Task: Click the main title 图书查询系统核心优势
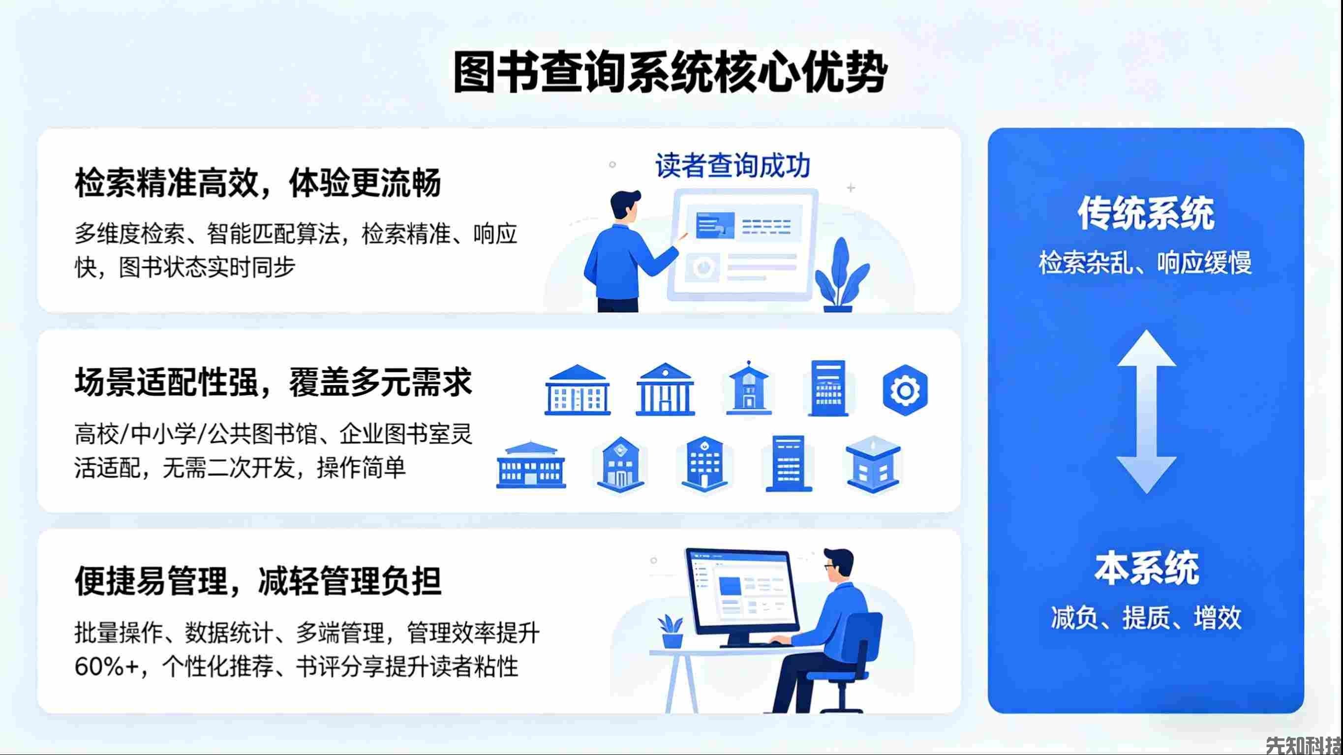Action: (x=671, y=72)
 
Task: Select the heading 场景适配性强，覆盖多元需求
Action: (x=273, y=382)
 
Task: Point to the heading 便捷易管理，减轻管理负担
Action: (x=258, y=581)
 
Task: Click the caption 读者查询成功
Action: (x=733, y=166)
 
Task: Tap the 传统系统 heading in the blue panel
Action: (x=1146, y=213)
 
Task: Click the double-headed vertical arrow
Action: (x=1146, y=412)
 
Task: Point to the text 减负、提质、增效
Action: (x=1146, y=618)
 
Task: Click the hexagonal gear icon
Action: (x=905, y=390)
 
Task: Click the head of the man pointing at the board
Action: (x=625, y=205)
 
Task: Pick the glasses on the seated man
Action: (x=829, y=566)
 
